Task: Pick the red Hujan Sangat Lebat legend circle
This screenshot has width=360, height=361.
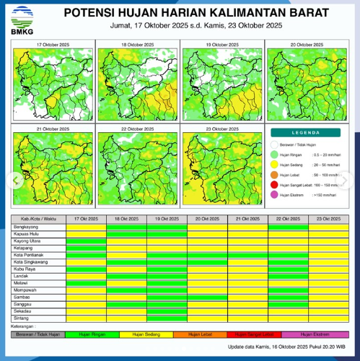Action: (275, 185)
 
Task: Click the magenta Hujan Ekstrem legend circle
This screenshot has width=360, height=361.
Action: (275, 195)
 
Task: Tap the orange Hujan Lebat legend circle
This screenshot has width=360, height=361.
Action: (275, 175)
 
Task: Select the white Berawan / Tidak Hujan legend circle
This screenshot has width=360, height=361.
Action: (275, 144)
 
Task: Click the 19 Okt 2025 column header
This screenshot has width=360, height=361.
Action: (167, 218)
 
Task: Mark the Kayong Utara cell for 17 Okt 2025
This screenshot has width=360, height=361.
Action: (86, 241)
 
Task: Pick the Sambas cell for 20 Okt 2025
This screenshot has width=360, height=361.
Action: (207, 297)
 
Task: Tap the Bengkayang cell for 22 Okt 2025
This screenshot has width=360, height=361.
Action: (288, 227)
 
